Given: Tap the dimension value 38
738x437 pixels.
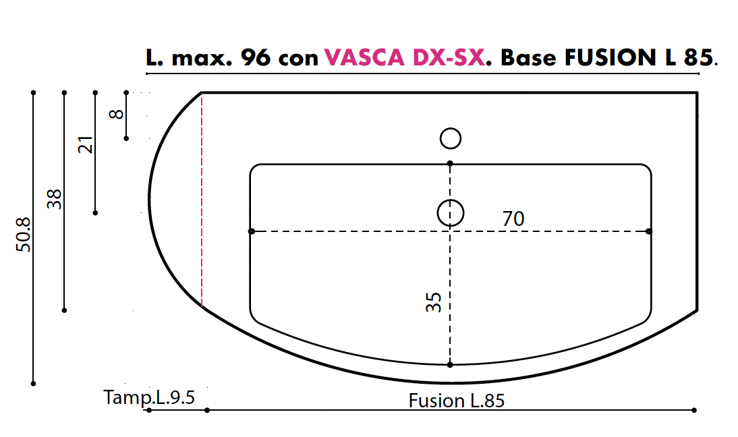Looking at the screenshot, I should click(x=55, y=199).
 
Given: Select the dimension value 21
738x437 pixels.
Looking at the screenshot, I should click(x=86, y=144).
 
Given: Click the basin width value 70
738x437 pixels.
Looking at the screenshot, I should click(x=513, y=218).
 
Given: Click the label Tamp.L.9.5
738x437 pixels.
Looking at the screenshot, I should click(x=149, y=397).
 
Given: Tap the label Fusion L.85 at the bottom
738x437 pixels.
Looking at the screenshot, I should click(x=457, y=401).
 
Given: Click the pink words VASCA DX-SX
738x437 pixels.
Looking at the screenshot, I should click(x=404, y=58).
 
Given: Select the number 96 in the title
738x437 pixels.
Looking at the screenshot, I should click(x=256, y=58).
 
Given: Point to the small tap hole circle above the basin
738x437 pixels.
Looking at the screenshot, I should click(x=451, y=138).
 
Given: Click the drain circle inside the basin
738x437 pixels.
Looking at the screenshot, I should click(x=451, y=213).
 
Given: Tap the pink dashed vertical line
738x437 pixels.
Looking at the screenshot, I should click(x=202, y=202).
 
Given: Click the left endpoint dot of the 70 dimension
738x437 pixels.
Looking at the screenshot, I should click(x=252, y=231).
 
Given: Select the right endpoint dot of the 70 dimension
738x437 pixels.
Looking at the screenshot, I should click(x=649, y=231).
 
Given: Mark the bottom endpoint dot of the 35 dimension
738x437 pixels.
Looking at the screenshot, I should click(x=450, y=364).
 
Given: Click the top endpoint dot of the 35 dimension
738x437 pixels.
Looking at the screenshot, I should click(x=450, y=163).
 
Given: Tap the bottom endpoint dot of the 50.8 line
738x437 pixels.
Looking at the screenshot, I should click(x=33, y=383).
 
